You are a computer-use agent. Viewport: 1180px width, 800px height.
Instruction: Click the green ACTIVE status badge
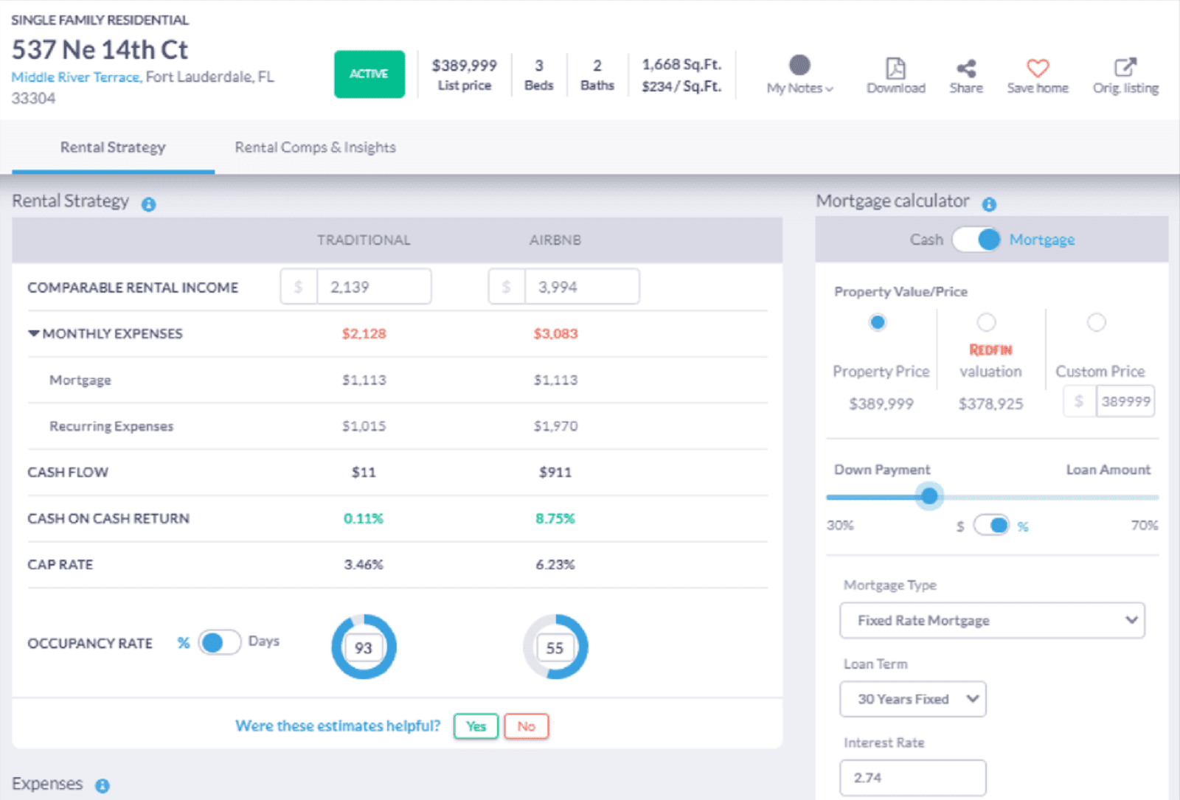click(x=369, y=74)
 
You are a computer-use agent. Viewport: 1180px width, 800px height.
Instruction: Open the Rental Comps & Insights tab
click(x=315, y=147)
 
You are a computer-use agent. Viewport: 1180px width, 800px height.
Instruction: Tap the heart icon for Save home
click(x=1038, y=68)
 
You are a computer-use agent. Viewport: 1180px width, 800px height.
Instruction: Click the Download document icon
click(x=895, y=68)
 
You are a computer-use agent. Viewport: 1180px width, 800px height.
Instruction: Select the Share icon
click(x=965, y=69)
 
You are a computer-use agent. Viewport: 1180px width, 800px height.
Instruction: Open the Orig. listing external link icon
click(x=1125, y=68)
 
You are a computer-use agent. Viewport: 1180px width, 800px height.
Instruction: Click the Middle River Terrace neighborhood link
click(x=75, y=77)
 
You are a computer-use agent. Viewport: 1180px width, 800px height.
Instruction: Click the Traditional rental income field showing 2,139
click(x=373, y=287)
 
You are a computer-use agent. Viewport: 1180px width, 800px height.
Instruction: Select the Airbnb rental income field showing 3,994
click(x=581, y=287)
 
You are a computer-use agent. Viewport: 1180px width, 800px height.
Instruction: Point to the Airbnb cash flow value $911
click(x=555, y=472)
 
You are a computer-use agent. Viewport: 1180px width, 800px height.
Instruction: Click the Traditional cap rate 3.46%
click(x=364, y=565)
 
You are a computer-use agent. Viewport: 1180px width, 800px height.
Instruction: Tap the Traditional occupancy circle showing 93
click(x=364, y=647)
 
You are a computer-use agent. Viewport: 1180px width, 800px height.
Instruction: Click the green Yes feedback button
click(x=476, y=726)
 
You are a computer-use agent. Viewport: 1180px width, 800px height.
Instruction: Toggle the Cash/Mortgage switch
click(x=976, y=240)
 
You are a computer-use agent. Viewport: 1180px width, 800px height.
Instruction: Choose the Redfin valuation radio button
click(x=986, y=322)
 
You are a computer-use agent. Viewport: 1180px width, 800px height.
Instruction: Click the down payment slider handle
click(x=929, y=496)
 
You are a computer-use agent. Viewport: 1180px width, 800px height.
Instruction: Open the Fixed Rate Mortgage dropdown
click(x=991, y=621)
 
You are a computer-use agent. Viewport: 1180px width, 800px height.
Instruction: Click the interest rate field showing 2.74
click(x=912, y=778)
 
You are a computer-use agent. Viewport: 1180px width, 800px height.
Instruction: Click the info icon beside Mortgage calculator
click(x=989, y=204)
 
